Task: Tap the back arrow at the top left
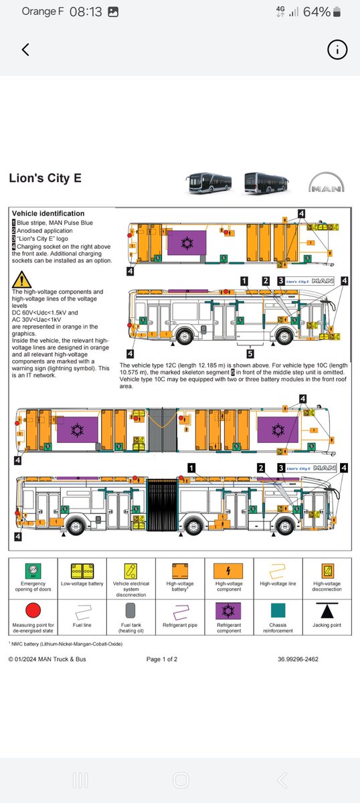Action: pyautogui.click(x=25, y=50)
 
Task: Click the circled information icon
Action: pyautogui.click(x=337, y=50)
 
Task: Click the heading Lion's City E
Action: pyautogui.click(x=46, y=179)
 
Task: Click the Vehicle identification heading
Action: pyautogui.click(x=48, y=213)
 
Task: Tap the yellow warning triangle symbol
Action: pyautogui.click(x=21, y=279)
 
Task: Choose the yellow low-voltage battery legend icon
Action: pyautogui.click(x=82, y=570)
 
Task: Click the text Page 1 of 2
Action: pyautogui.click(x=162, y=659)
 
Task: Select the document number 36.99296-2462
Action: pyautogui.click(x=298, y=659)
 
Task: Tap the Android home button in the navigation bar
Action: pyautogui.click(x=180, y=780)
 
